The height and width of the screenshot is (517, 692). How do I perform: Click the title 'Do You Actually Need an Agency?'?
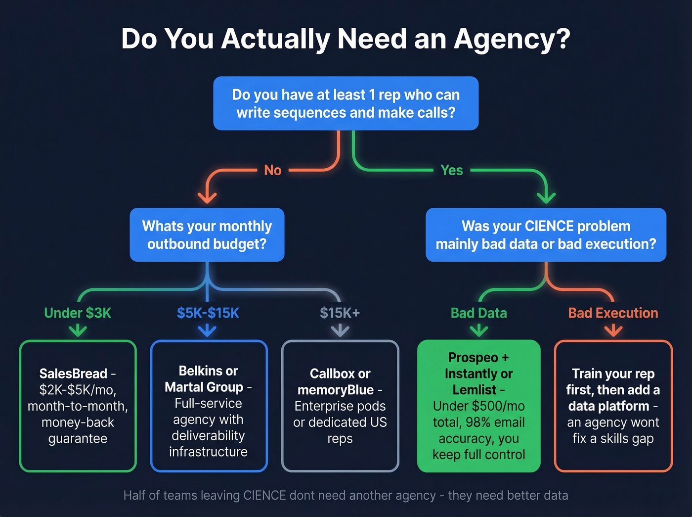click(346, 39)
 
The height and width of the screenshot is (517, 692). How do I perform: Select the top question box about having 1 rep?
click(346, 103)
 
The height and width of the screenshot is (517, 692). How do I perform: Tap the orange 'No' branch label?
click(272, 170)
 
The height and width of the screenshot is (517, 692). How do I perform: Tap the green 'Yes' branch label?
click(451, 170)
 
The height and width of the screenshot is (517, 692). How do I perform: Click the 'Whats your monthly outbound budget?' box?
click(207, 235)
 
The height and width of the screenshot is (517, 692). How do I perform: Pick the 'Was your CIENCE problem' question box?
click(546, 235)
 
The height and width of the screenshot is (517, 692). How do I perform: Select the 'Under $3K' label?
click(78, 313)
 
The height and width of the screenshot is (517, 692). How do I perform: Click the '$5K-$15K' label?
click(208, 313)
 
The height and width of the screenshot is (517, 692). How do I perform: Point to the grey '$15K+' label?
click(340, 313)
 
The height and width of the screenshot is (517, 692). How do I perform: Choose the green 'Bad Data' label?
click(478, 313)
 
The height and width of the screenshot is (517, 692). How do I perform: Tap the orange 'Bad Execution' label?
click(613, 313)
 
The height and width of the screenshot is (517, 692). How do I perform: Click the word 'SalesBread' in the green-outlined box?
click(73, 374)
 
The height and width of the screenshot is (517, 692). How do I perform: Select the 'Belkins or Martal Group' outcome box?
click(208, 406)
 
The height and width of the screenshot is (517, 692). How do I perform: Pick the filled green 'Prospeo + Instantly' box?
click(478, 406)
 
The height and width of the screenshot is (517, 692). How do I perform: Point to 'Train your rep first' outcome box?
click(613, 406)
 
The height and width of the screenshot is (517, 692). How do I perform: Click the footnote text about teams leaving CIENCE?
click(346, 495)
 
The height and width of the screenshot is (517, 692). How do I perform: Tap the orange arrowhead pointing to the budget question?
click(207, 198)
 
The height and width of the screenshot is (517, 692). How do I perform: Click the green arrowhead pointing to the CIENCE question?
click(546, 198)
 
